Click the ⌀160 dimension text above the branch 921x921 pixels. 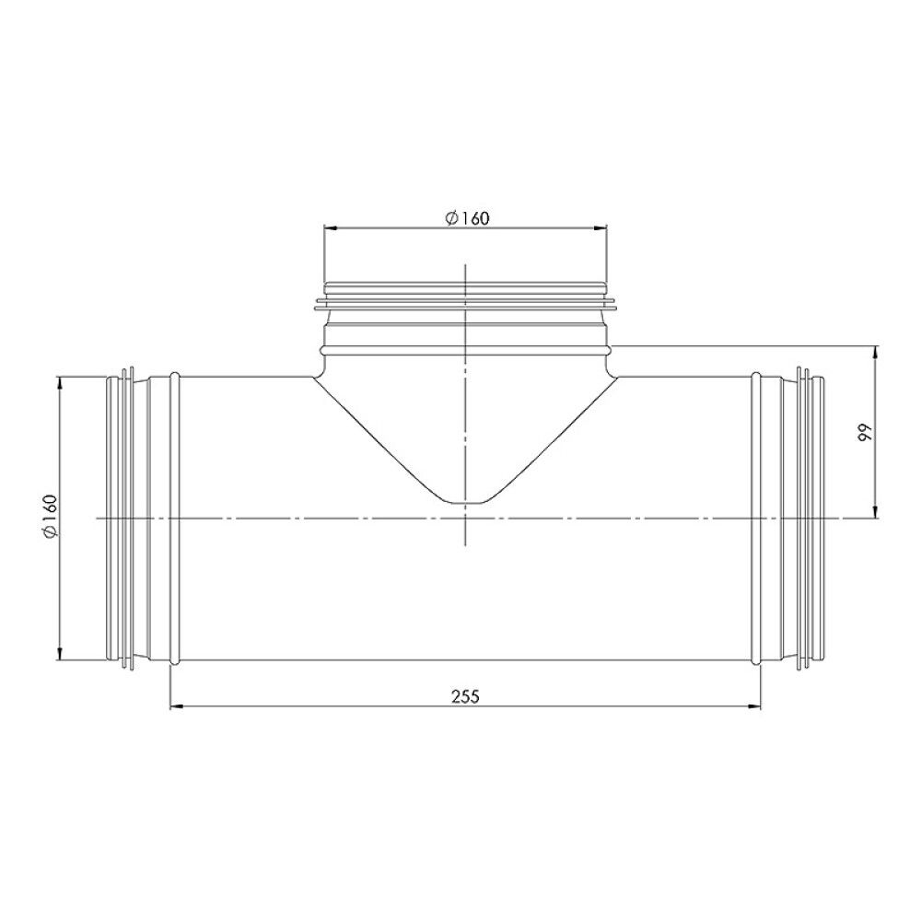pyautogui.click(x=466, y=217)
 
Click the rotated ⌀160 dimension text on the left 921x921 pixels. pyautogui.click(x=50, y=518)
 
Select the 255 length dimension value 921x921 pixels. pyautogui.click(x=466, y=696)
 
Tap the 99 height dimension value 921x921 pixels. pyautogui.click(x=864, y=433)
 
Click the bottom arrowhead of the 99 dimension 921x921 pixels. pyautogui.click(x=875, y=513)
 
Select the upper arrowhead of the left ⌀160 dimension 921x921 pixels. pyautogui.click(x=60, y=380)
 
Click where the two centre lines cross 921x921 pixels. pyautogui.click(x=467, y=519)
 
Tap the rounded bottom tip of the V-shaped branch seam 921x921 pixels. pyautogui.click(x=467, y=503)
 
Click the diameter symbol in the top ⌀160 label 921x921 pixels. pyautogui.click(x=450, y=217)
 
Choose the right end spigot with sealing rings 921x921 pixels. pyautogui.click(x=809, y=518)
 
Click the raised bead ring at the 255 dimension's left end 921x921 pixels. pyautogui.click(x=174, y=518)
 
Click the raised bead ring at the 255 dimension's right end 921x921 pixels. pyautogui.click(x=757, y=518)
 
